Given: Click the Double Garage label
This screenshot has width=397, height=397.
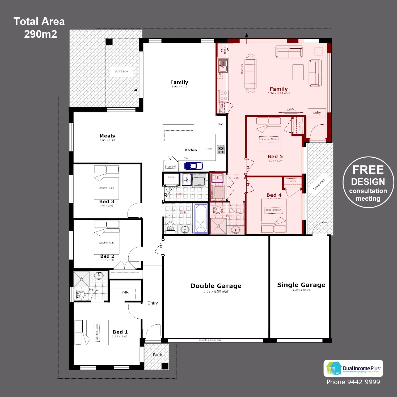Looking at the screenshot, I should [x=216, y=286].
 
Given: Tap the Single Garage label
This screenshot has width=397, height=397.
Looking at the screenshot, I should [x=301, y=285].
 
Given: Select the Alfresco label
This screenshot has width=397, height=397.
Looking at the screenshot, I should [x=121, y=71].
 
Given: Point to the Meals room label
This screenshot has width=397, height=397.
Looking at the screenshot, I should [x=107, y=136].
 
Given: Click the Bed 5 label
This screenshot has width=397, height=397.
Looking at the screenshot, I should [x=275, y=157].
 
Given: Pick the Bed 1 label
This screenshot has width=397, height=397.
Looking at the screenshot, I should [x=120, y=332].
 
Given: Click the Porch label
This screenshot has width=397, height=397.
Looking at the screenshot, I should [x=157, y=355].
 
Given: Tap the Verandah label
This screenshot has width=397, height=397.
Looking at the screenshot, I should [x=319, y=184].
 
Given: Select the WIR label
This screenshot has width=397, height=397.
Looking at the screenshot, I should [x=125, y=292].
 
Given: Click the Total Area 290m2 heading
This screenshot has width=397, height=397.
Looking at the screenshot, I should [x=39, y=28].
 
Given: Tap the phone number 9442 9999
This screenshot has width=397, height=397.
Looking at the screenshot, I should [x=353, y=382].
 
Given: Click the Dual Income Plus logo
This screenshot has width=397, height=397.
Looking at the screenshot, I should [x=353, y=368].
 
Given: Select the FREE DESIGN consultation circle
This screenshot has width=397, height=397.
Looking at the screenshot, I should [x=368, y=182].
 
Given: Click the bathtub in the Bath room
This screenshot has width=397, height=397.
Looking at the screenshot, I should [x=201, y=219].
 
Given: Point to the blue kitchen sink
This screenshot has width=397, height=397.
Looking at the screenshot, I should [x=194, y=166].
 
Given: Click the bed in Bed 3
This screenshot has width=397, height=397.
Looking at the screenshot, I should [x=106, y=183].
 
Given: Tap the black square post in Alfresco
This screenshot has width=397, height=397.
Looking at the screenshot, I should [x=109, y=42].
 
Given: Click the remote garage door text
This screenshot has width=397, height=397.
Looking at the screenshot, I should [x=211, y=340].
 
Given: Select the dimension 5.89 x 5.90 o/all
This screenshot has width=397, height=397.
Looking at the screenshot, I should [x=216, y=292].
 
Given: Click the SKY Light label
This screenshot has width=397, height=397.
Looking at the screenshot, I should [x=236, y=176].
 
